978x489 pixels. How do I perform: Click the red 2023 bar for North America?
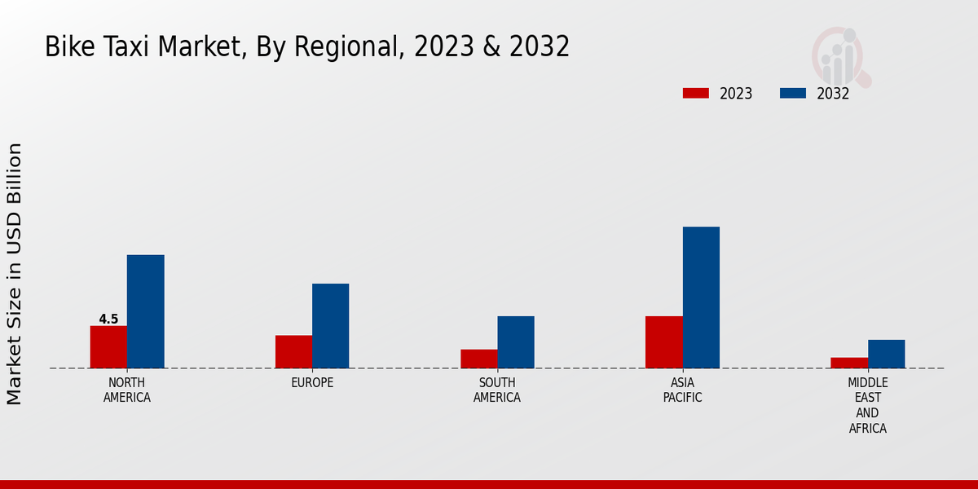108,347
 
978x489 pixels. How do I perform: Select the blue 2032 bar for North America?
145,311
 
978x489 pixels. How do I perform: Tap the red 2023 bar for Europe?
293,352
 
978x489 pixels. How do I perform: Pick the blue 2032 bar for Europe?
330,326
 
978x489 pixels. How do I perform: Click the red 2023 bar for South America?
478,359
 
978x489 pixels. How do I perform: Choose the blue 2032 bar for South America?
516,342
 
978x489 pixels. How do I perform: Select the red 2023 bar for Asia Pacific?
663,342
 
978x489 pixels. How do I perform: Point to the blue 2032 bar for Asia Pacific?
701,297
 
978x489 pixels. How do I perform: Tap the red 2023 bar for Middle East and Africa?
849,363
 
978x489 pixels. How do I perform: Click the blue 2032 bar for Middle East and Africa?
886,354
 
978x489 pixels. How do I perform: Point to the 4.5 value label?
108,319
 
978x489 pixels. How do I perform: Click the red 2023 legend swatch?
696,93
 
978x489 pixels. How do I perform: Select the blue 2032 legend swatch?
793,93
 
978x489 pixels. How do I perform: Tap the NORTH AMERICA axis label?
127,390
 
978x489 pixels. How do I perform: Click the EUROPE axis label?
312,382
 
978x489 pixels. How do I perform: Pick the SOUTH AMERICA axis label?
497,390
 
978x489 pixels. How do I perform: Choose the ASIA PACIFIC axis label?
682,390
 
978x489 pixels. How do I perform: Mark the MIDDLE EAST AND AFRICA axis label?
868,405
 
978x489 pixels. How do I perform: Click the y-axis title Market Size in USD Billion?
15,274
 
